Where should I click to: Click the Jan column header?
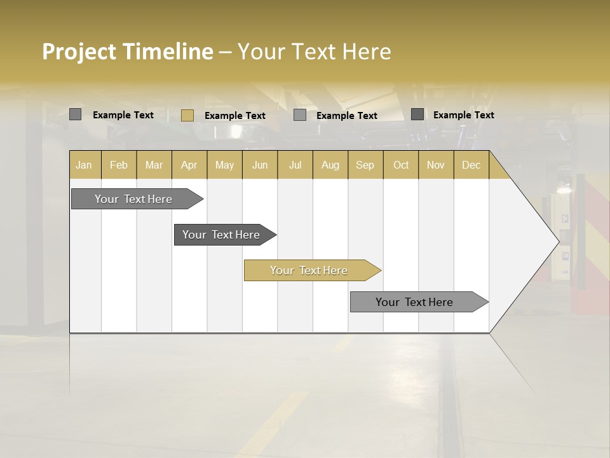(x=84, y=165)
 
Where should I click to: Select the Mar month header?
(x=154, y=165)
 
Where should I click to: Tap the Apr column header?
(x=189, y=165)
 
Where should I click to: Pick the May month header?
(x=224, y=165)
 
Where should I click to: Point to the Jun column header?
(x=260, y=165)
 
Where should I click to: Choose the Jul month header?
(x=295, y=165)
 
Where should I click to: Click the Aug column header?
(x=330, y=165)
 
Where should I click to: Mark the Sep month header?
(x=365, y=165)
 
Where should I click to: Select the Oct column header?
(x=401, y=165)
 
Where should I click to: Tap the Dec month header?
(x=471, y=165)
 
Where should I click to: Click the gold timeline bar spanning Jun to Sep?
(x=309, y=270)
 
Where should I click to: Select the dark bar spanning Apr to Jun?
(x=221, y=235)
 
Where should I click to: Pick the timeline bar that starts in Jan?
(x=133, y=199)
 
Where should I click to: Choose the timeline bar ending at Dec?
(x=414, y=302)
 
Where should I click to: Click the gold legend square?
(x=187, y=115)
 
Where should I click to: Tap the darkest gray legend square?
(x=417, y=114)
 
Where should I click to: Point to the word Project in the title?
(x=79, y=52)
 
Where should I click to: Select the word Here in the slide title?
(x=367, y=52)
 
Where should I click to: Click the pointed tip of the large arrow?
(x=557, y=241)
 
